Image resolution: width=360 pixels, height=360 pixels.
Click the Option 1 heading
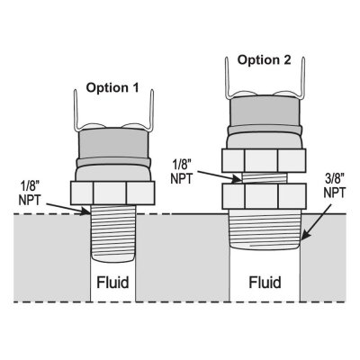(112, 88)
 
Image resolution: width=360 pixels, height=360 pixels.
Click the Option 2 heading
(265, 60)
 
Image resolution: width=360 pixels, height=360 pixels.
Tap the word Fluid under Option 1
(112, 282)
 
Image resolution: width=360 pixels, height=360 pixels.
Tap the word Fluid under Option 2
(265, 283)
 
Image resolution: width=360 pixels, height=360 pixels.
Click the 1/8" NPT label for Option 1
(29, 193)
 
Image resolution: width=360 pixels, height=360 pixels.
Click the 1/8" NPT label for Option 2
(182, 172)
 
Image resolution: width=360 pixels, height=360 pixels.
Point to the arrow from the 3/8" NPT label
(317, 221)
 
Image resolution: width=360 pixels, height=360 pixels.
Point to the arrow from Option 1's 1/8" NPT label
(68, 209)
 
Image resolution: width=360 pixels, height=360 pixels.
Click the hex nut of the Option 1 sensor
(112, 193)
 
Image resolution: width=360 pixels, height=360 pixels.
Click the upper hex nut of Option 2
(264, 160)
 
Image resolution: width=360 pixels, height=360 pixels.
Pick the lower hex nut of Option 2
(264, 196)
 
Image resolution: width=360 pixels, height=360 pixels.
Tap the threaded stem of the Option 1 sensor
(113, 233)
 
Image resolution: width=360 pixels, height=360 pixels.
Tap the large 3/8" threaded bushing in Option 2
(265, 229)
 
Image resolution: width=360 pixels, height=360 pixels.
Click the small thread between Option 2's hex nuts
(265, 178)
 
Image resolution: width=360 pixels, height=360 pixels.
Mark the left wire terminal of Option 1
(76, 112)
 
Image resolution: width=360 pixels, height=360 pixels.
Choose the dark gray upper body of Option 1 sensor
(112, 146)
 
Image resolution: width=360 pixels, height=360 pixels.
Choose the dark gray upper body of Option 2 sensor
(265, 112)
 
